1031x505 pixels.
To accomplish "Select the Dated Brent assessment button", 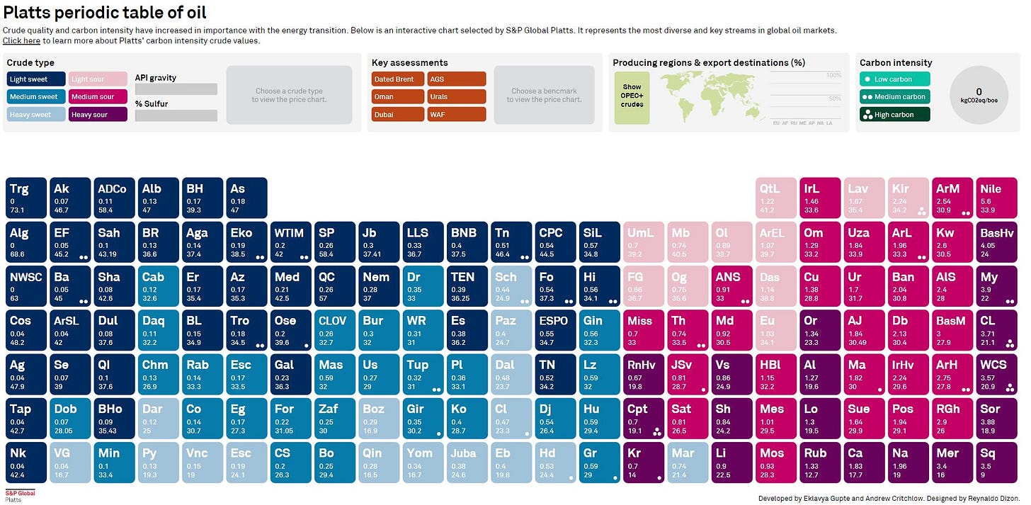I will click(397, 79).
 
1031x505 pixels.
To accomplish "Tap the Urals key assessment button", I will click(456, 97).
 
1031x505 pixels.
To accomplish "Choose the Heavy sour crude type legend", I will click(98, 115).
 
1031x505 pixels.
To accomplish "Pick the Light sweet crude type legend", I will click(36, 79).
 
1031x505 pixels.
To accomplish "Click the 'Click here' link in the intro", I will click(21, 41).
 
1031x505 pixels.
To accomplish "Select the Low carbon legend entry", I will click(894, 79).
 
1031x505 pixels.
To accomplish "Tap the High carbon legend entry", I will click(894, 115).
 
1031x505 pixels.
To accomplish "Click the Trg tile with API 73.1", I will click(27, 198).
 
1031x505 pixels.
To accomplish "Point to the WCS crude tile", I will click(998, 374).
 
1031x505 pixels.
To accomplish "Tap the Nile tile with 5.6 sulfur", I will click(998, 198).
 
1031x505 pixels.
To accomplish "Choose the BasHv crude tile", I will click(998, 242).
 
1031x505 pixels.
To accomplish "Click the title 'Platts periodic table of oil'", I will click(106, 13).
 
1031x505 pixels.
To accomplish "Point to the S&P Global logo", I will click(20, 495).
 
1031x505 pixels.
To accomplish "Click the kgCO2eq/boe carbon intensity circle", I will click(979, 95).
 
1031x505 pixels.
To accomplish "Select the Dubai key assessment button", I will click(397, 115).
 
